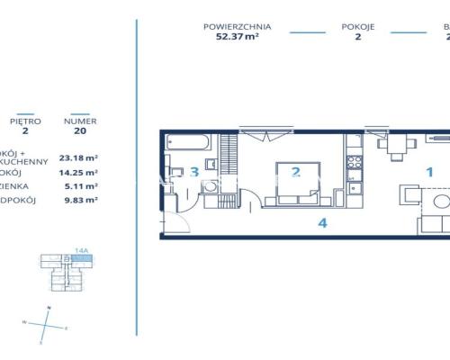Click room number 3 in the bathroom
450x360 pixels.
tap(193, 172)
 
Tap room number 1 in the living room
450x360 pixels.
tap(429, 171)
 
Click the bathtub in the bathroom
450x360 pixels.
tap(189, 143)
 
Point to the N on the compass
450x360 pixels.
tap(49, 309)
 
